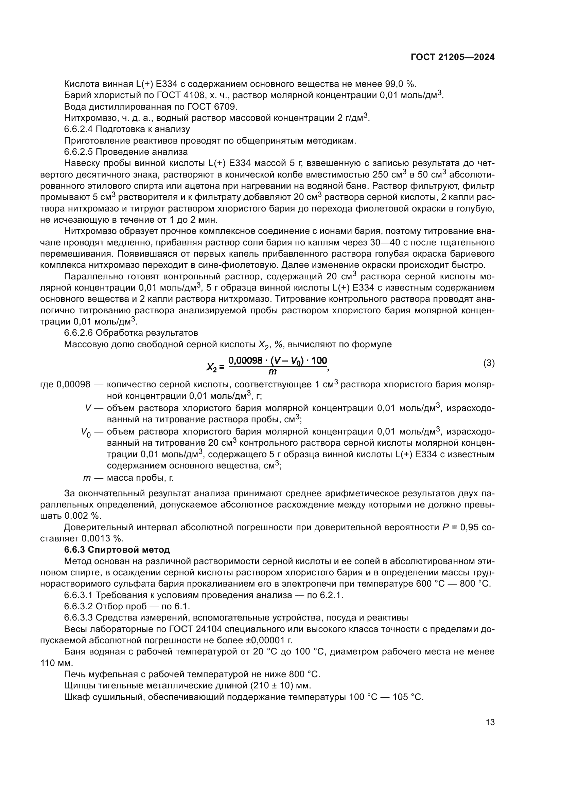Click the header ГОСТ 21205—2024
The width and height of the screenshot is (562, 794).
point(452,57)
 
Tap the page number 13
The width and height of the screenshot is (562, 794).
point(490,722)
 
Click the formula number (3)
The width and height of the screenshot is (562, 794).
point(489,364)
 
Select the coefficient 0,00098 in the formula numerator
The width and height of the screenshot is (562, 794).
point(245,361)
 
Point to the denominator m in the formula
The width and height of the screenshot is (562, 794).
point(273,372)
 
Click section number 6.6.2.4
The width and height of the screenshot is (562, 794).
point(78,129)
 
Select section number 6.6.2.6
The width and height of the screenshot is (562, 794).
point(78,333)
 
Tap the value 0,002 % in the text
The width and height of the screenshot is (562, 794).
point(83,516)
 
